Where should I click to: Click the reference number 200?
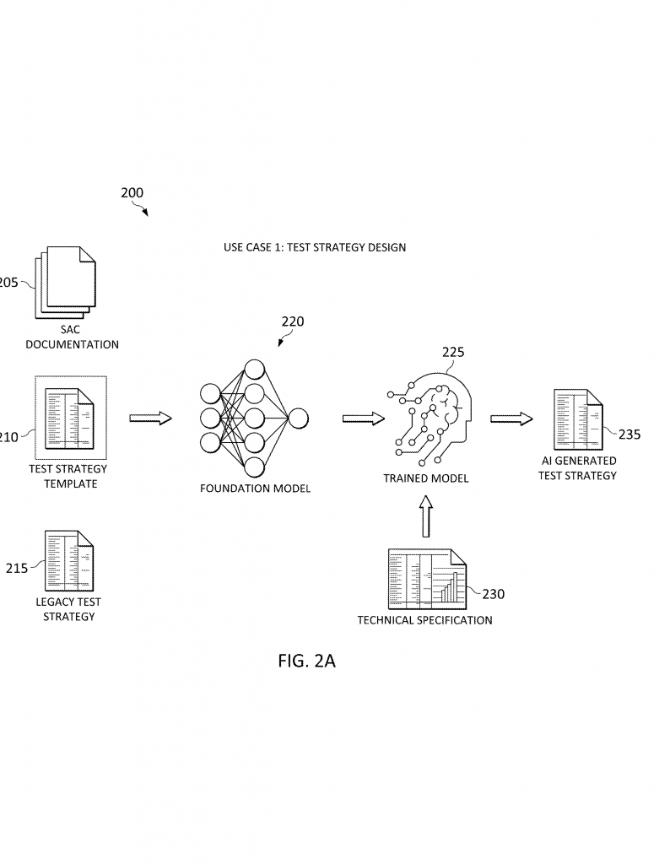click(132, 193)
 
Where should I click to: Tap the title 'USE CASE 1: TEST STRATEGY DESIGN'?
click(315, 247)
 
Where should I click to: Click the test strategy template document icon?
click(70, 418)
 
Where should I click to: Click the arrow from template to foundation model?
click(150, 418)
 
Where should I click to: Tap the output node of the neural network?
click(299, 418)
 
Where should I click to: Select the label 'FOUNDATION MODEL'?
click(256, 488)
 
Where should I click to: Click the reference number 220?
click(293, 321)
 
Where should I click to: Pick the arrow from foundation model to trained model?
click(364, 418)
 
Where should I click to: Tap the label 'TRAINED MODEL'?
click(426, 478)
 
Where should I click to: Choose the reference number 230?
click(493, 594)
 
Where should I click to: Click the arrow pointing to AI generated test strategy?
click(511, 418)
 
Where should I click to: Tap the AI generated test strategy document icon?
click(578, 419)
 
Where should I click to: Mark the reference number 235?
click(629, 435)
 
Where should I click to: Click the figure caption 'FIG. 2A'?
click(306, 661)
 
